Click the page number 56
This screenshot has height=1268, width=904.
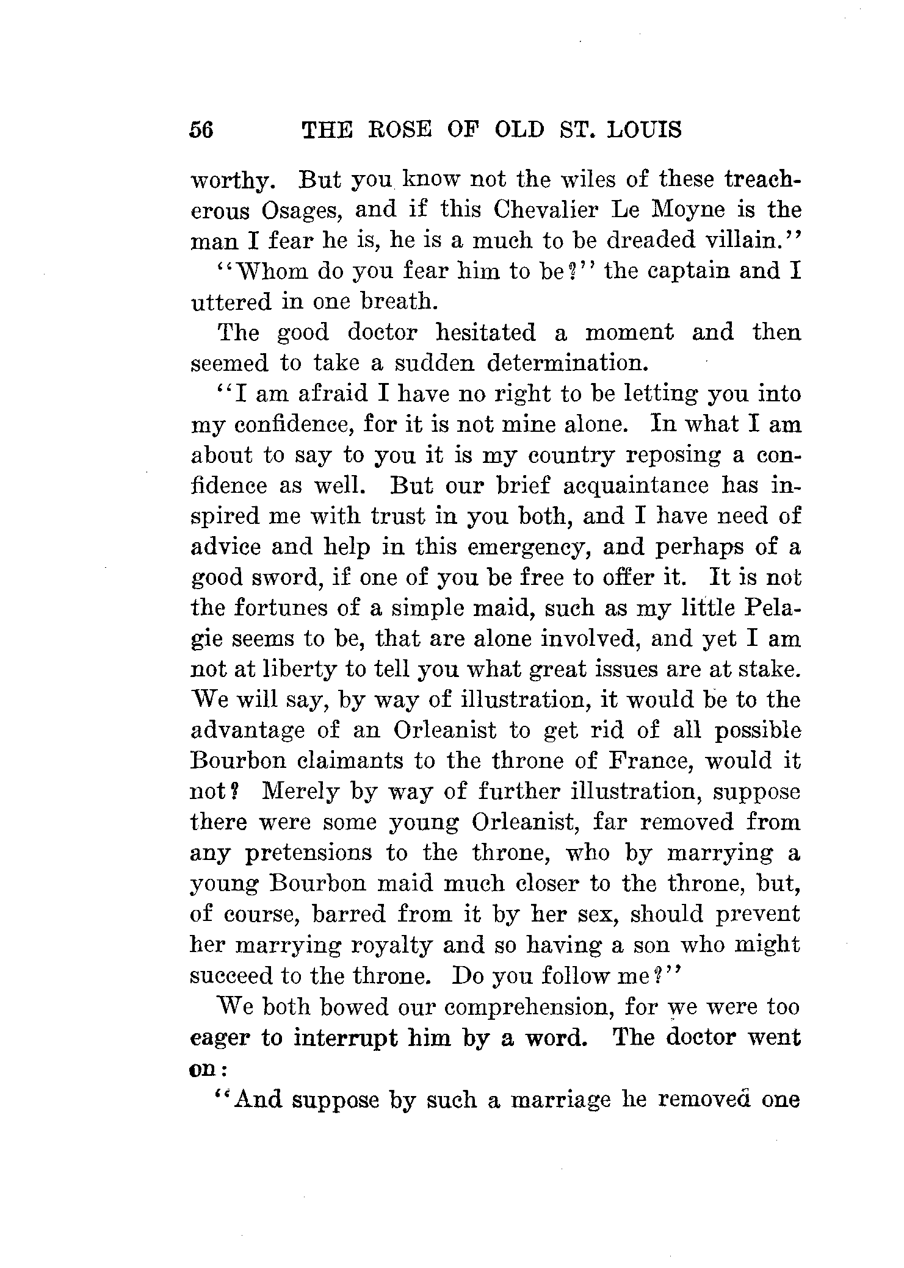(201, 130)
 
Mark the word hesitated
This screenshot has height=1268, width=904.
(486, 332)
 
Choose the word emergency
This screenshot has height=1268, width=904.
(529, 547)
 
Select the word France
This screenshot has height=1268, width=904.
(651, 761)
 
